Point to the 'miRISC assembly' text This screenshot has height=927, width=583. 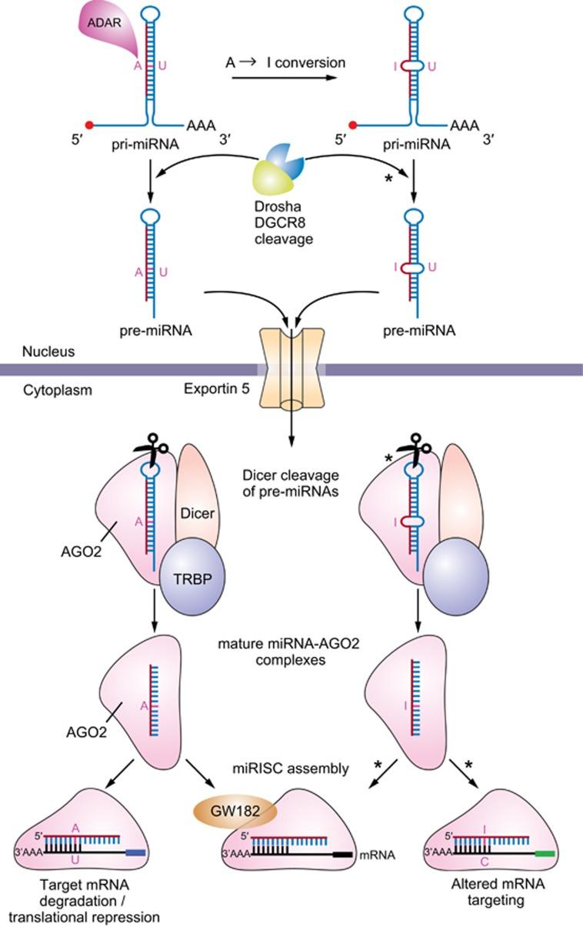click(x=291, y=769)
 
